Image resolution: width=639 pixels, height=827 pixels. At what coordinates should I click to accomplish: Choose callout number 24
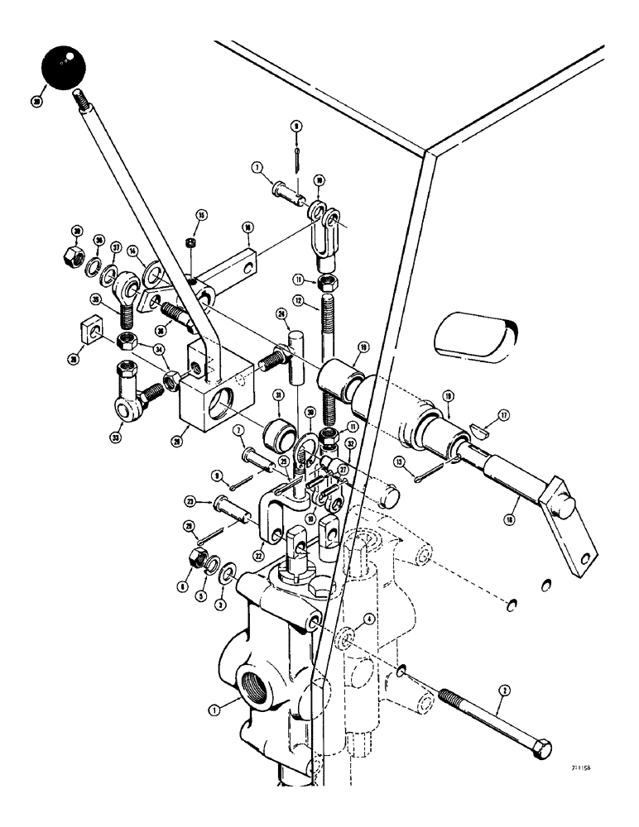[281, 314]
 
